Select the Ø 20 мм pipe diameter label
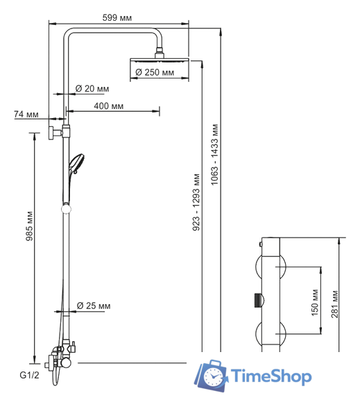pos(92,88)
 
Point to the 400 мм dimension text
pos(109,106)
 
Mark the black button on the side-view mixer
pos(258,300)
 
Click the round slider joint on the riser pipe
pos(67,207)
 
